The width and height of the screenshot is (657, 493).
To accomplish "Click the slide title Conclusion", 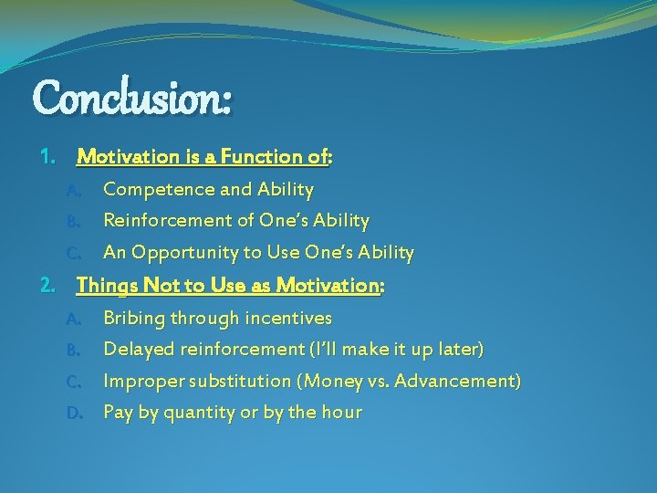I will [132, 97].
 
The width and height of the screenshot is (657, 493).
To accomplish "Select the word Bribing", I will [134, 319].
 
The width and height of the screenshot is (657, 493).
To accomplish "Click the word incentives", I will [292, 319].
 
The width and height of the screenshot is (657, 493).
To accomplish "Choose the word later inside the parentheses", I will [460, 350].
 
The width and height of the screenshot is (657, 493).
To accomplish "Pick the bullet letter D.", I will [75, 413].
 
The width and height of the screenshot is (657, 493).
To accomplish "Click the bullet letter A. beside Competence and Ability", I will [75, 190].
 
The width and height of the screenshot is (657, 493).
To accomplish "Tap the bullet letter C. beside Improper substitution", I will [75, 382].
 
